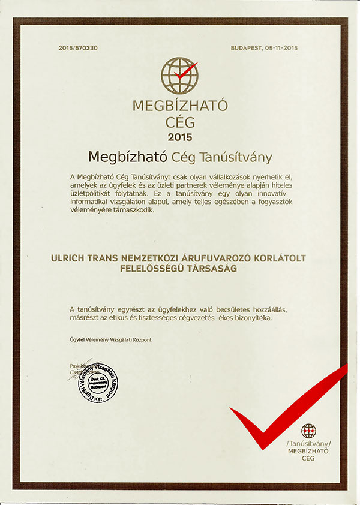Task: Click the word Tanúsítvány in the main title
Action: [238, 158]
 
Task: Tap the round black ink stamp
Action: [96, 386]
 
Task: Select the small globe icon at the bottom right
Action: [309, 431]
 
